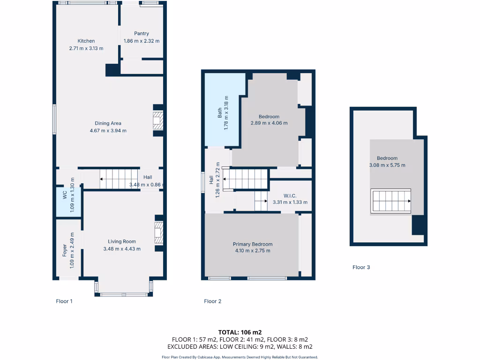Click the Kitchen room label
coord(86,41)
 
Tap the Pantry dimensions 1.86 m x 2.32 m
coord(142,41)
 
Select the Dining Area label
coord(108,123)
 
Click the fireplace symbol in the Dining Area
coord(159,120)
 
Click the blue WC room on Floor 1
coord(68,202)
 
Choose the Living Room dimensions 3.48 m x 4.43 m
coord(122,249)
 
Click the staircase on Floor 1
coord(120,179)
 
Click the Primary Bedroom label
coord(253,244)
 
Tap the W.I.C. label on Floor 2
coord(290,195)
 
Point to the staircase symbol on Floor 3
coord(391,201)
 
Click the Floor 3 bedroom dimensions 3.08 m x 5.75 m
coord(387,165)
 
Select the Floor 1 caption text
coord(64,301)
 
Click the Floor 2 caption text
coord(213,301)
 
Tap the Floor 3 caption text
coord(361,267)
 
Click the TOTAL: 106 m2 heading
coord(240,332)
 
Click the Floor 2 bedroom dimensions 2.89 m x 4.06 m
coord(269,123)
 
